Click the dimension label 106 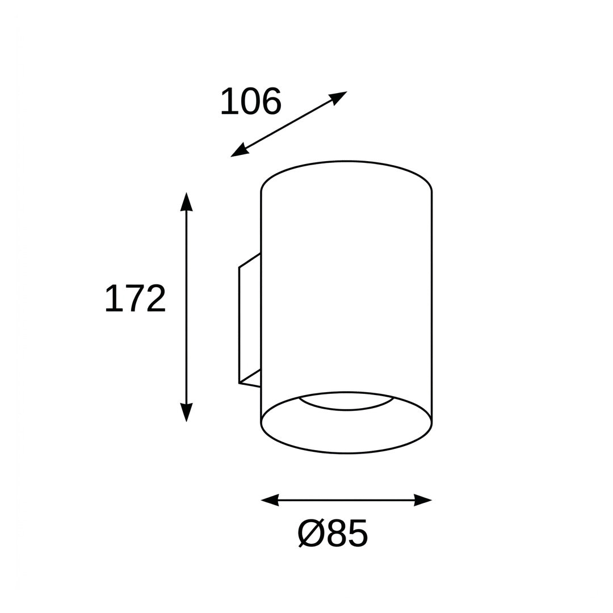pos(251,102)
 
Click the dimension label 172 pos(136,298)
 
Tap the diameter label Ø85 pos(333,532)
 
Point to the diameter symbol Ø pos(311,532)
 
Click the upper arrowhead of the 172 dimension pos(187,201)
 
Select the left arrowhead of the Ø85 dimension pos(270,500)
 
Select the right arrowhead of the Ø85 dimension pos(423,500)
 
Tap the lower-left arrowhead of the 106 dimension pos(240,151)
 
